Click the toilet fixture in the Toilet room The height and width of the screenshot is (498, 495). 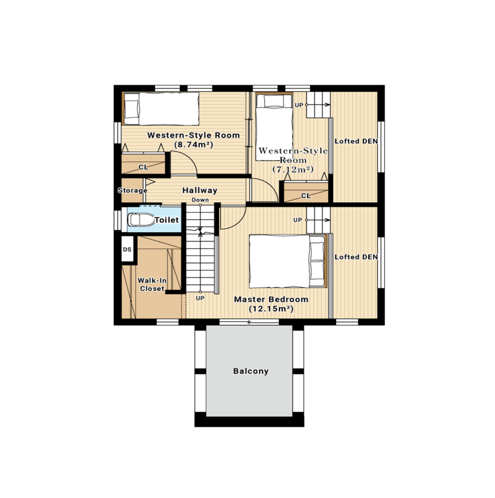[x=141, y=220]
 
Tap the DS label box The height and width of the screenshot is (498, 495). [x=127, y=249]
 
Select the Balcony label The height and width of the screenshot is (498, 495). [x=251, y=371]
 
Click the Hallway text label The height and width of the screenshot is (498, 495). [x=199, y=190]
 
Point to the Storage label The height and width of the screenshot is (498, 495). [x=132, y=191]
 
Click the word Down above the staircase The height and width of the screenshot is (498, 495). [x=200, y=200]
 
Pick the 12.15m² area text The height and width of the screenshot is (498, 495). [x=271, y=309]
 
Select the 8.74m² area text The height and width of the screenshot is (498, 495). [x=194, y=145]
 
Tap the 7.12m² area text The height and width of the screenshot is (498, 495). [x=293, y=169]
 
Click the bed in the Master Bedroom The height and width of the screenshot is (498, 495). [x=288, y=261]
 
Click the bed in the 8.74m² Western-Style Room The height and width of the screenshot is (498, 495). [x=161, y=109]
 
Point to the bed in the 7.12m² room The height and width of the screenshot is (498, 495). [x=274, y=127]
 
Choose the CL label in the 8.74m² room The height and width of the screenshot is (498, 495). [x=144, y=167]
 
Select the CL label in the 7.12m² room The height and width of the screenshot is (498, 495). [x=306, y=196]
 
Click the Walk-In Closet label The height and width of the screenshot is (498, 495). [x=152, y=285]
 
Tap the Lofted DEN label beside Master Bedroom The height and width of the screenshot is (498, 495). [x=356, y=257]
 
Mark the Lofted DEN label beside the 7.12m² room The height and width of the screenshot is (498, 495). [x=356, y=142]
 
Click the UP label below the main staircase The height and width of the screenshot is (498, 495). [x=200, y=298]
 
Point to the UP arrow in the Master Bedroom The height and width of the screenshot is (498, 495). [x=318, y=220]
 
